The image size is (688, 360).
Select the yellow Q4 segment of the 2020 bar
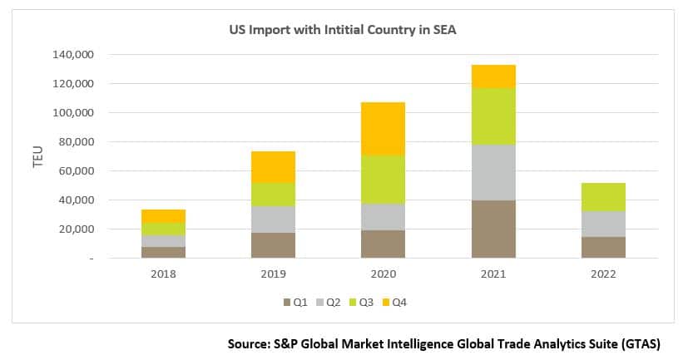(383, 128)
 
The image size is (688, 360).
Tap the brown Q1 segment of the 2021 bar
(493, 229)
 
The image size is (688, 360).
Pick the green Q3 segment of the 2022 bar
(603, 197)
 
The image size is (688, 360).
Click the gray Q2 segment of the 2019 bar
(273, 219)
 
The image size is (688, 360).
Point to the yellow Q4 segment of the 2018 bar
(163, 215)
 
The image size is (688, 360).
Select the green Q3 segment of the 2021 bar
(493, 116)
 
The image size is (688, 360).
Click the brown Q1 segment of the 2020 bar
(383, 244)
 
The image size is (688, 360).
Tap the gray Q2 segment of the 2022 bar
(603, 224)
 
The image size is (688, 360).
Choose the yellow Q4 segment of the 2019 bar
(273, 166)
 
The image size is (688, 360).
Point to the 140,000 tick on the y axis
(75, 55)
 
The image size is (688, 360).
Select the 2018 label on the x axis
(163, 273)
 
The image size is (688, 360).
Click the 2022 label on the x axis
(603, 273)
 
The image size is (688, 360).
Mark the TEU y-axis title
(37, 156)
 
